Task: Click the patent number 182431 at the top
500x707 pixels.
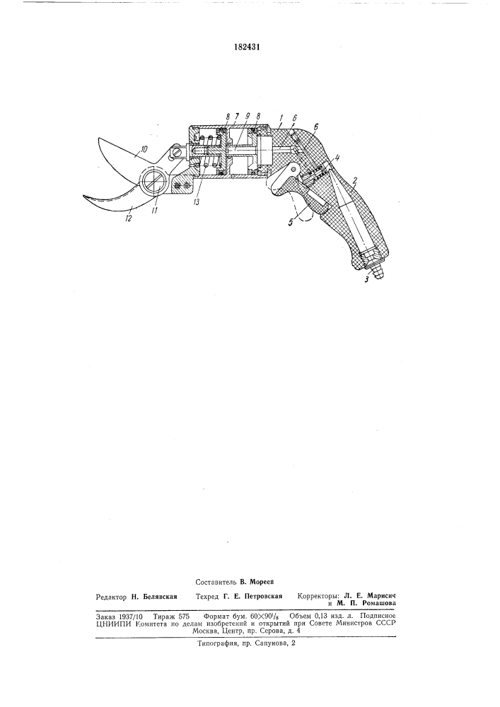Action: click(247, 47)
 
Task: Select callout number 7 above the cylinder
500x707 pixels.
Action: click(236, 116)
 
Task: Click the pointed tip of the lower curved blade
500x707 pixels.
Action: click(83, 195)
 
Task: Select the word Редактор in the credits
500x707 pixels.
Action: click(111, 596)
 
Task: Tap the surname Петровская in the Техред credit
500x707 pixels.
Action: click(263, 596)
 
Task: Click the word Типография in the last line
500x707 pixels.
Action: click(218, 644)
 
